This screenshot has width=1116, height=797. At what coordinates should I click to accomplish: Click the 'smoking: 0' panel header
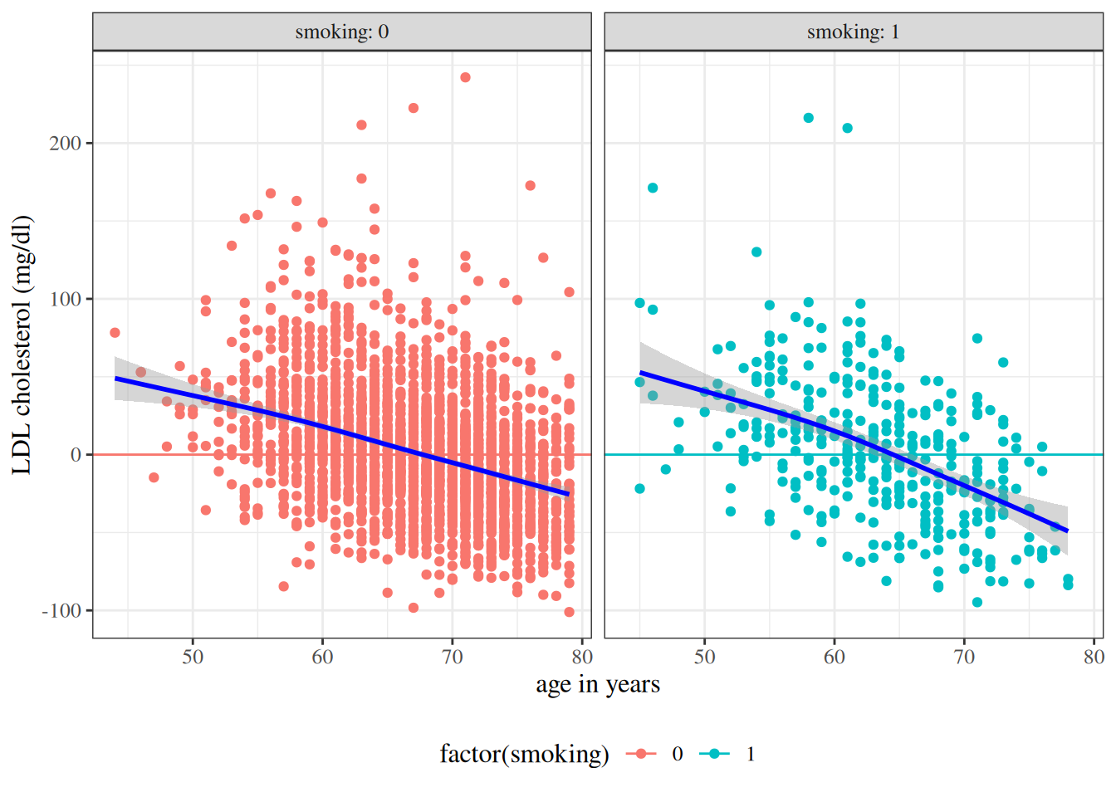[x=341, y=32]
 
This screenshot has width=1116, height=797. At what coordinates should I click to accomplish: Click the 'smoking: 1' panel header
[x=853, y=32]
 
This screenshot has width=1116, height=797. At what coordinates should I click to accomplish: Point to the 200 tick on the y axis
[x=65, y=144]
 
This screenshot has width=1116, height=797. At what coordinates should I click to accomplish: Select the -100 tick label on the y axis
[x=61, y=611]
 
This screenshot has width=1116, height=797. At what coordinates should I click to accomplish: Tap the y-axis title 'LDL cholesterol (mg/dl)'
[x=22, y=345]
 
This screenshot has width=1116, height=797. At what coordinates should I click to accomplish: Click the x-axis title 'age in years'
[x=597, y=685]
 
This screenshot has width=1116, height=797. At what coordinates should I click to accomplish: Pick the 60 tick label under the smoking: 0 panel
[x=322, y=658]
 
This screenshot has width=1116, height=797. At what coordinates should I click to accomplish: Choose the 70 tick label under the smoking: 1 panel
[x=964, y=658]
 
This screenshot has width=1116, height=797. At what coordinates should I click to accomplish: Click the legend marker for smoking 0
[x=641, y=754]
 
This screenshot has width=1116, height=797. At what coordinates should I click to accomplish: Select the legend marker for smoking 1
[x=714, y=754]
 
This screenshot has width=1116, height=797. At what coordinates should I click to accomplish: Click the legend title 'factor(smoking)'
[x=524, y=754]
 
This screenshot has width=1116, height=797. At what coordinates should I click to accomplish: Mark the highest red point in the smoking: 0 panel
[x=465, y=77]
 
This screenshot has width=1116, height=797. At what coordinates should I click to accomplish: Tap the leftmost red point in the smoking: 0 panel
[x=115, y=333]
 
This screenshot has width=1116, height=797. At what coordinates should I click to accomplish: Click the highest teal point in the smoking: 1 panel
[x=808, y=118]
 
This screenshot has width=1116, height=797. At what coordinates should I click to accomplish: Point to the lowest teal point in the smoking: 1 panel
[x=977, y=603]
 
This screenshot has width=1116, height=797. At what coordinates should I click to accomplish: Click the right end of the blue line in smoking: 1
[x=1067, y=531]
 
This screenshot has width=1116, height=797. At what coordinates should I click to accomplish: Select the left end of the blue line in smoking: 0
[x=115, y=379]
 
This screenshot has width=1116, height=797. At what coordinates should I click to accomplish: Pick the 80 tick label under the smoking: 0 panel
[x=582, y=658]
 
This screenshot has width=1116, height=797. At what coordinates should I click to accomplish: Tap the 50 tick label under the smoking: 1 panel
[x=704, y=658]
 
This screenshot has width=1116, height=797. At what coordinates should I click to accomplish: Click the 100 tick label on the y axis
[x=65, y=299]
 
